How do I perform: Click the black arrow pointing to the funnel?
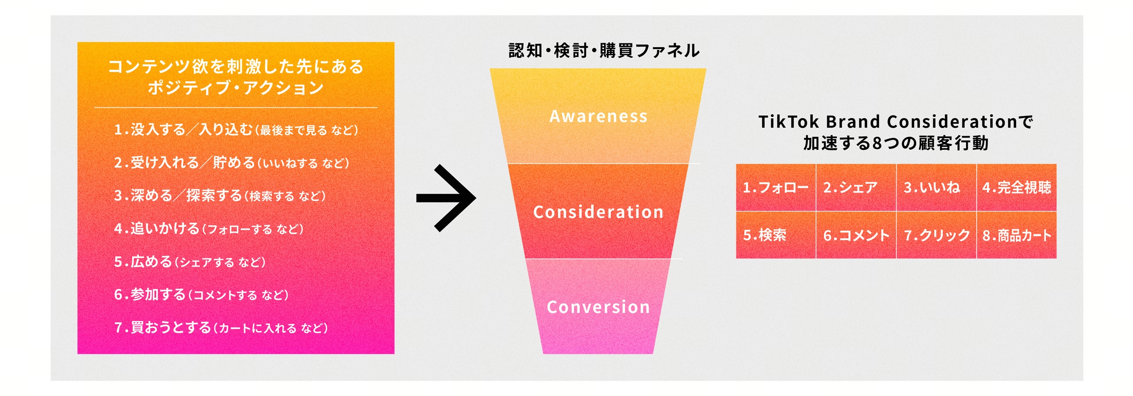tap(446, 198)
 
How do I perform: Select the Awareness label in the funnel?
tap(598, 116)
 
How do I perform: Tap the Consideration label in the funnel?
tap(598, 212)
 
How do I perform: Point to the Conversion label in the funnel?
tap(598, 307)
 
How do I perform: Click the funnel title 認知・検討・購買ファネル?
tap(604, 51)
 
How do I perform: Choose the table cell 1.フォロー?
tap(776, 187)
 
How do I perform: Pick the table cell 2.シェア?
tap(856, 187)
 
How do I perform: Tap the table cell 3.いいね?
tap(936, 187)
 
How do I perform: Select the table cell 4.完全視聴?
tap(1017, 187)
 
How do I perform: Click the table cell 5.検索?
tap(776, 235)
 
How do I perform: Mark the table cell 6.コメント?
tap(856, 235)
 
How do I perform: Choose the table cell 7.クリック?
tap(936, 235)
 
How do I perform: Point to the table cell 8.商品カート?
tap(1017, 235)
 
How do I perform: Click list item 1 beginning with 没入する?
tap(236, 129)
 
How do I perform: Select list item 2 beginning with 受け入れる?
tap(231, 163)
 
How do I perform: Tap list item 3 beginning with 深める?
tap(220, 195)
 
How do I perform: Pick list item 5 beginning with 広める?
tap(190, 262)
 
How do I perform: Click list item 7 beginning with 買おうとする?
tap(221, 327)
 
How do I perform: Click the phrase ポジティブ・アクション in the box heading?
tap(236, 88)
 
